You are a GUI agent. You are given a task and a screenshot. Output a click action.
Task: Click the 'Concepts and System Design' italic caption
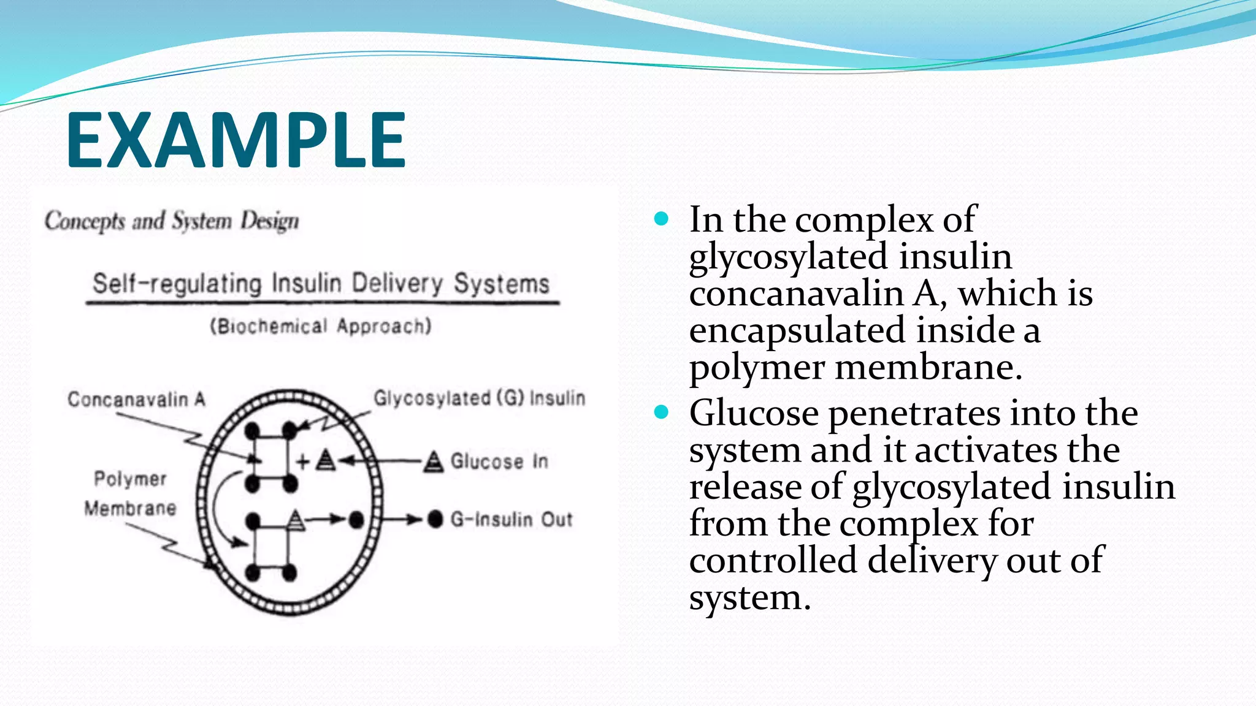172,221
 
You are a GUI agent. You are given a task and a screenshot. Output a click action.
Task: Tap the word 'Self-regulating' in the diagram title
177,284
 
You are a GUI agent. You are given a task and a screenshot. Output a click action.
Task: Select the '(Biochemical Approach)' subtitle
321,325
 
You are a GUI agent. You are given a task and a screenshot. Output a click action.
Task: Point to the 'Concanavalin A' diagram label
136,400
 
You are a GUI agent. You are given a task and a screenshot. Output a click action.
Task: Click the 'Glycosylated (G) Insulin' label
479,398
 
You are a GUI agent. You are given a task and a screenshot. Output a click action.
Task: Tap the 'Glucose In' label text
499,461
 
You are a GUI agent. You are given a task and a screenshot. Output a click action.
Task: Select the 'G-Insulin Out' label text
511,520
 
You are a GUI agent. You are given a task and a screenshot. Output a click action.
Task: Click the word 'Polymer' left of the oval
130,479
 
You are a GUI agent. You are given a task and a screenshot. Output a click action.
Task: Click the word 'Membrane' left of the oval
130,508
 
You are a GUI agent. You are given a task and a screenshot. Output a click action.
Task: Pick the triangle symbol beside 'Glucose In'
434,461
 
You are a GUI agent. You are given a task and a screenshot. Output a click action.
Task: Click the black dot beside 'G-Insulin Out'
435,519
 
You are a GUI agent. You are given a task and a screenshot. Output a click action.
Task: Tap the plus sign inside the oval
302,461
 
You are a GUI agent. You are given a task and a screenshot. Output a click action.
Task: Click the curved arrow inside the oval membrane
218,509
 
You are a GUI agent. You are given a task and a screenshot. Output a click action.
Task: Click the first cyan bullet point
661,219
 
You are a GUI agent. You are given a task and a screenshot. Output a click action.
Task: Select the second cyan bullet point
661,412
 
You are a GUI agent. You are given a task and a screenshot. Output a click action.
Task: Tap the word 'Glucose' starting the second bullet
754,412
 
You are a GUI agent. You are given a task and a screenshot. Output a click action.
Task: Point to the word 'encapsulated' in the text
798,330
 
